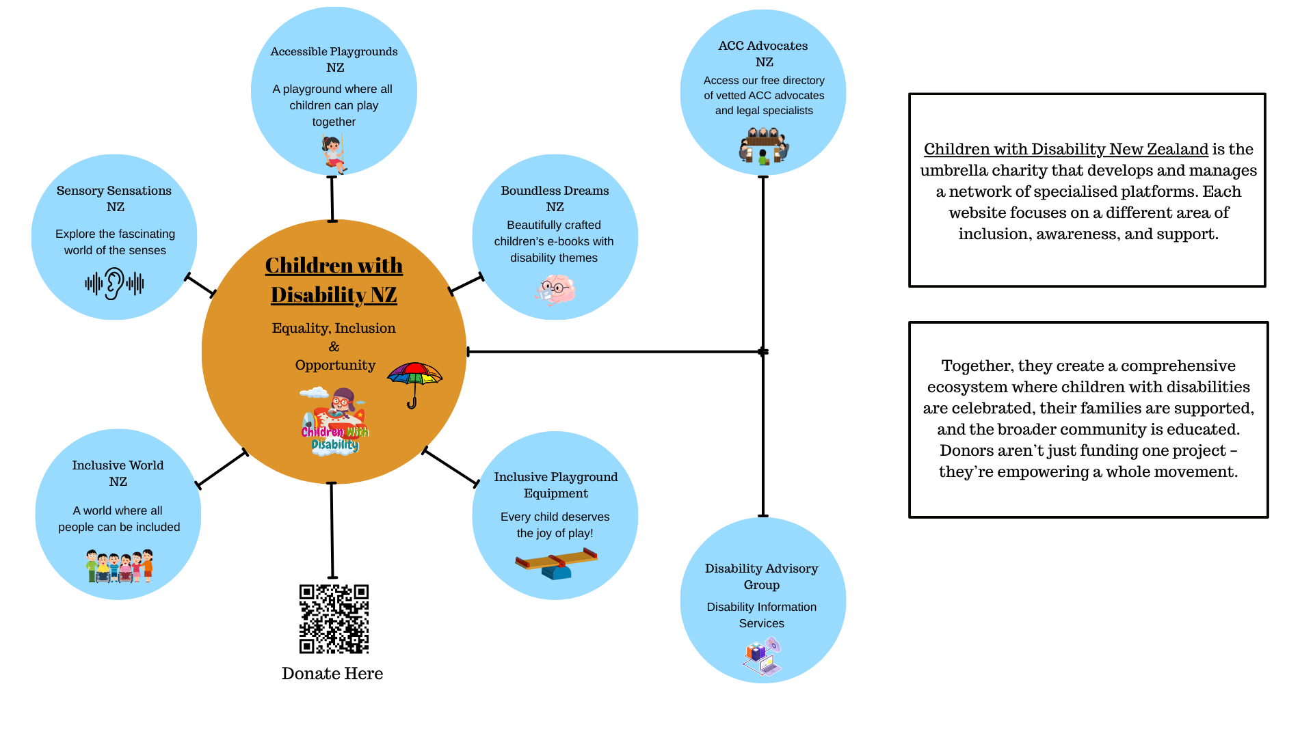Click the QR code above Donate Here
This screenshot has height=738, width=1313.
[334, 618]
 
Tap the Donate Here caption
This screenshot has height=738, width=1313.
[332, 674]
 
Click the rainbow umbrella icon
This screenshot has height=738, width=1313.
[414, 383]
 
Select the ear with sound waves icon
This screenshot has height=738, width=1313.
[114, 284]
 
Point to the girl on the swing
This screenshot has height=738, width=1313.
[334, 154]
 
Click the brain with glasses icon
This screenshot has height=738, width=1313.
[555, 290]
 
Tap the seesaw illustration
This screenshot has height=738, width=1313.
[556, 564]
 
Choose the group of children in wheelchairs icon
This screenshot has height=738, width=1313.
[119, 566]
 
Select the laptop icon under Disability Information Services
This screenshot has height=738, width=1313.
[762, 657]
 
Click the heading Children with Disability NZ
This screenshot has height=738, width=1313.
[334, 280]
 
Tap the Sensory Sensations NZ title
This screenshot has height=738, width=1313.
[114, 199]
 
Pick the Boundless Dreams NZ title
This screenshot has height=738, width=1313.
[555, 199]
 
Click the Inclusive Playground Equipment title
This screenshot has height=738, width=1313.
[555, 485]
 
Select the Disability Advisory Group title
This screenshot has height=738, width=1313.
[761, 577]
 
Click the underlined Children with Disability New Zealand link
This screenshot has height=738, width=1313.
[1065, 149]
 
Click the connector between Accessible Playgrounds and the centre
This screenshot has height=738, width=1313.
[332, 199]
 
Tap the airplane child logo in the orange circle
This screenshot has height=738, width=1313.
[334, 421]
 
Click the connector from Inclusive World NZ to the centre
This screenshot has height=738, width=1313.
[222, 469]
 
